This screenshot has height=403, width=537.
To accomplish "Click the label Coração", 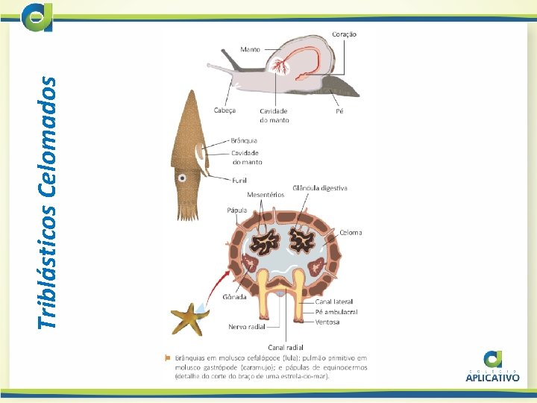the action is click(344, 34).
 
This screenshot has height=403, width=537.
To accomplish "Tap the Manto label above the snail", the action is click(250, 50).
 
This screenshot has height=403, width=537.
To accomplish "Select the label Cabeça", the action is click(224, 110).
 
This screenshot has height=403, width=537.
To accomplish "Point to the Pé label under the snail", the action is click(339, 110).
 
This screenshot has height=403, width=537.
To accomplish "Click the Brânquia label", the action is click(244, 140).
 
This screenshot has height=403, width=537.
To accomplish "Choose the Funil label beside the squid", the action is click(239, 180).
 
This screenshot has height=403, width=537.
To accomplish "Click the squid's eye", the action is click(182, 178).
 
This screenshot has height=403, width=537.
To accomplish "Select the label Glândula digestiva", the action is click(320, 188).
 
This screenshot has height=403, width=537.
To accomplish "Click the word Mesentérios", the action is click(266, 194).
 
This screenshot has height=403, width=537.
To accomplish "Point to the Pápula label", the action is click(236, 210).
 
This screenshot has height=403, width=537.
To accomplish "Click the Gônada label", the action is click(231, 296).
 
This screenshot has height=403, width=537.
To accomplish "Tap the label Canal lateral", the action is click(333, 302).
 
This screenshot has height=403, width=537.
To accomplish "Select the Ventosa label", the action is click(327, 322).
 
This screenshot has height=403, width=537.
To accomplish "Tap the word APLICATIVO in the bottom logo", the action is click(492, 378).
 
